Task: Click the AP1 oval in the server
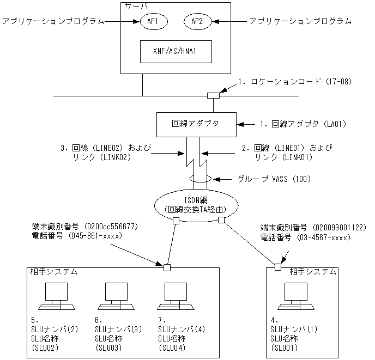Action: tap(153, 22)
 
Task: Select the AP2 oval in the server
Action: tap(197, 22)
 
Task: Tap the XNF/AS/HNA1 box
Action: tap(175, 53)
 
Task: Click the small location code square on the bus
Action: tap(213, 96)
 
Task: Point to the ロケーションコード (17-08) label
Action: tap(297, 82)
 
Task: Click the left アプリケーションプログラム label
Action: tap(52, 21)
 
